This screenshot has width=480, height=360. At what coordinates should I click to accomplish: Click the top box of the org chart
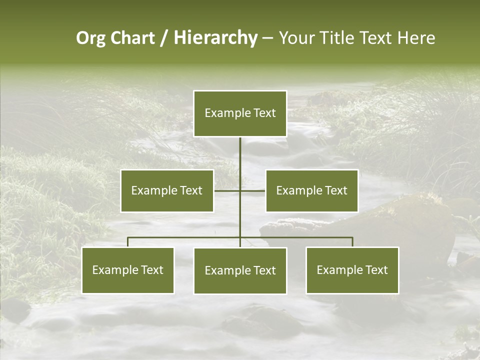(x=240, y=113)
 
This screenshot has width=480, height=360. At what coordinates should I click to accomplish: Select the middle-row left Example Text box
(x=167, y=190)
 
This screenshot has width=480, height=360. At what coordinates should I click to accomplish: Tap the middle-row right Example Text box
(x=311, y=190)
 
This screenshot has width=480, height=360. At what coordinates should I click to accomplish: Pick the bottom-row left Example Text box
(x=128, y=270)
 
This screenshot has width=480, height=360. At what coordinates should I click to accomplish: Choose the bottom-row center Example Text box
(x=240, y=270)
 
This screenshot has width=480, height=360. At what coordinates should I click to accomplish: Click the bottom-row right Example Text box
(x=352, y=270)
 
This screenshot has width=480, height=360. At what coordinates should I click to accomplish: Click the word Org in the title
(x=90, y=38)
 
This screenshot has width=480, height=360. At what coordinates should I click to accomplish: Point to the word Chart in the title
(x=132, y=38)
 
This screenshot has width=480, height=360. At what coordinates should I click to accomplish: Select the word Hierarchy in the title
(x=215, y=38)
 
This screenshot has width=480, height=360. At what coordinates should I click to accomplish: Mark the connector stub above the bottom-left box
(x=128, y=242)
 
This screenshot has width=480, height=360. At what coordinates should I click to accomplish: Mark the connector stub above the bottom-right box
(x=352, y=242)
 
